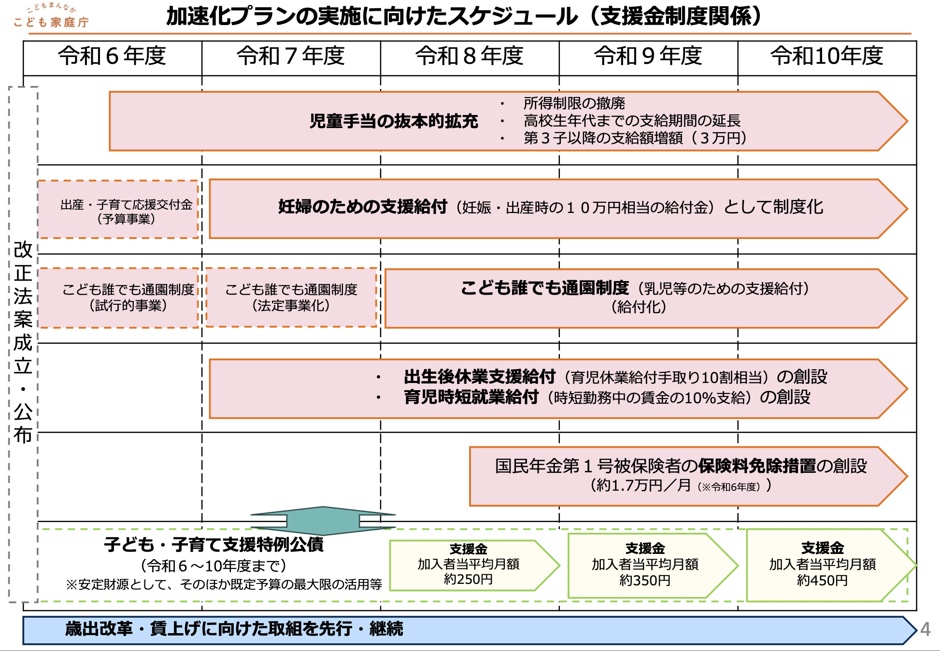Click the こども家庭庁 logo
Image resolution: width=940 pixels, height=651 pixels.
[51, 17]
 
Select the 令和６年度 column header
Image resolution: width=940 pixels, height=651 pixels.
[112, 56]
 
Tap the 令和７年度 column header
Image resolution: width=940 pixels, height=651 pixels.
[291, 56]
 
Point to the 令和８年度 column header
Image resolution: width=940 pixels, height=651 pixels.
[470, 56]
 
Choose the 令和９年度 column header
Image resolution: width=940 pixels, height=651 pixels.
[648, 56]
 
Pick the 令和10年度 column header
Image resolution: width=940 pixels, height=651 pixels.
[827, 56]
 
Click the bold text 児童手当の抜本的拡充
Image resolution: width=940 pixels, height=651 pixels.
[394, 121]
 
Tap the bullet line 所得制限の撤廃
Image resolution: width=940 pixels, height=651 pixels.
[574, 103]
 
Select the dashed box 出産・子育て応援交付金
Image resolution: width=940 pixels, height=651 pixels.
[118, 210]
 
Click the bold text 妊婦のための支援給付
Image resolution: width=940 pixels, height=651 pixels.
[363, 207]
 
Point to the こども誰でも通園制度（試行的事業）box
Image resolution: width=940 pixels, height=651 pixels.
[118, 297]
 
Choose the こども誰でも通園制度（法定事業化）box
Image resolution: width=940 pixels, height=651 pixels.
[291, 297]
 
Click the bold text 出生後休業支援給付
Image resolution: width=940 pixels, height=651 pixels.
[480, 377]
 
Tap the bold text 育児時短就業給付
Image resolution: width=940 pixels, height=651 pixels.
[471, 397]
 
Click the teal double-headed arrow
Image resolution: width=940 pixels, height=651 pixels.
[323, 521]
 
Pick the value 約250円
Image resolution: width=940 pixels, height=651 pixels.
[468, 579]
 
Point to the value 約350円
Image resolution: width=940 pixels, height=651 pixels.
[645, 580]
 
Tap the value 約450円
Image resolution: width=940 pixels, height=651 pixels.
[822, 580]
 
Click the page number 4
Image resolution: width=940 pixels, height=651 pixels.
[925, 629]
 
